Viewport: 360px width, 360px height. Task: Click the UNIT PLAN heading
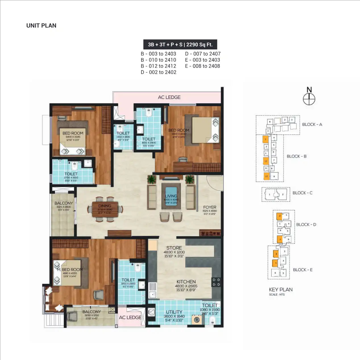[x=41, y=26]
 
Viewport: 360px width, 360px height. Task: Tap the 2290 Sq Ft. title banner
[x=180, y=45]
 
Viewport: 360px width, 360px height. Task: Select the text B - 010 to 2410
[x=158, y=60]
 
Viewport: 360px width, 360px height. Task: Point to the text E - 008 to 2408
[x=202, y=66]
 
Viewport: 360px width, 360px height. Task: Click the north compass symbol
[x=309, y=99]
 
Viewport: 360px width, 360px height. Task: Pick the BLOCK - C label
[x=302, y=193]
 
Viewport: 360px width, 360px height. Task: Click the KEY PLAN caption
[x=281, y=290]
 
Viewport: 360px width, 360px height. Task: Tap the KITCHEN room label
[x=186, y=282]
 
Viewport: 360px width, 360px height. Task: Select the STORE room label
[x=174, y=248]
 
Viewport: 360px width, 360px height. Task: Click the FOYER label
[x=210, y=207]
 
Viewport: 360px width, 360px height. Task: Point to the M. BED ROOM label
[x=70, y=270]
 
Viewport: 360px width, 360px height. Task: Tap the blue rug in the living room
[x=171, y=196]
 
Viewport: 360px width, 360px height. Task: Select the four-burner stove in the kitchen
[x=216, y=282]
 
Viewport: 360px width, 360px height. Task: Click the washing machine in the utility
[x=197, y=320]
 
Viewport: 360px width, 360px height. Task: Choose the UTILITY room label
[x=174, y=312]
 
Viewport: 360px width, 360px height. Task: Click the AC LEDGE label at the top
[x=169, y=97]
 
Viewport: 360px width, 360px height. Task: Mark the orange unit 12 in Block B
[x=266, y=161]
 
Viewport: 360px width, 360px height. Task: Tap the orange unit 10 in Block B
[x=266, y=176]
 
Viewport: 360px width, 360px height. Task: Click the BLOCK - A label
[x=312, y=124]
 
